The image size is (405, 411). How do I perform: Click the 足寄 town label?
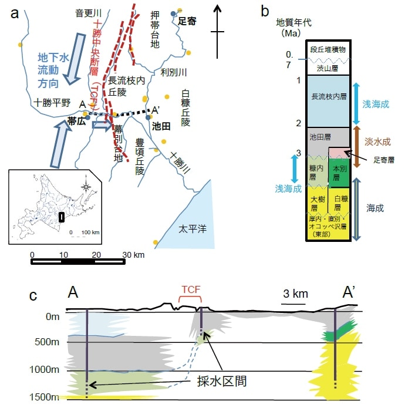pos(187,21)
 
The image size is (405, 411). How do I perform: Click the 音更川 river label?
pos(87,12)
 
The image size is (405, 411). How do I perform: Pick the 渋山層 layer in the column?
pos(328,68)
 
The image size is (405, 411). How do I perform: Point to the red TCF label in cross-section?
pos(190,289)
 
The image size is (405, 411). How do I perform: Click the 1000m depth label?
pos(49,369)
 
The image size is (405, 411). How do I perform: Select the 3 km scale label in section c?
pos(292,294)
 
